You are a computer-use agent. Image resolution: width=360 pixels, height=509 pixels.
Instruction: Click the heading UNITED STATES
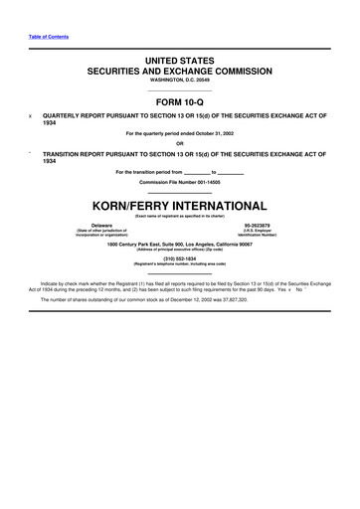(x=180, y=62)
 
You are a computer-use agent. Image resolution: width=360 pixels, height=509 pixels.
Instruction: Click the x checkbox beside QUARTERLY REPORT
(x=31, y=115)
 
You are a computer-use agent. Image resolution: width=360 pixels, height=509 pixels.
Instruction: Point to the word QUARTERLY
(x=75, y=115)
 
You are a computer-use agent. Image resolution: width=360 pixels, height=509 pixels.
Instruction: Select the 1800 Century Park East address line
(x=180, y=243)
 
